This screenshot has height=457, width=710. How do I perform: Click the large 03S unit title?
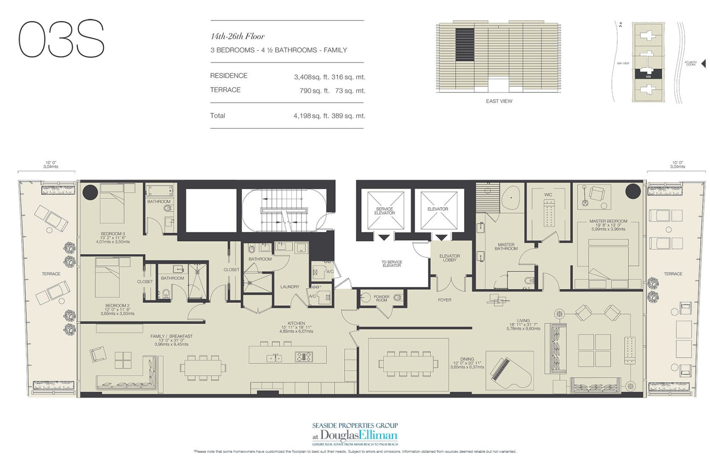pyautogui.click(x=62, y=39)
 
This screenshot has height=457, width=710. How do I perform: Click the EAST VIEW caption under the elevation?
pyautogui.click(x=499, y=101)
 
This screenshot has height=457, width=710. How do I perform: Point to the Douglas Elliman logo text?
pyautogui.click(x=359, y=435)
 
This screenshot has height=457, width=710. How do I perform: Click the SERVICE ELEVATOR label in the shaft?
pyautogui.click(x=384, y=211)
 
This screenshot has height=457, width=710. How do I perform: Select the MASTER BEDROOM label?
pyautogui.click(x=608, y=221)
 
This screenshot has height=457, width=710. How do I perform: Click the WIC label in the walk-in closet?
pyautogui.click(x=548, y=195)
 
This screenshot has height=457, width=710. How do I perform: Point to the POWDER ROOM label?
pyautogui.click(x=381, y=298)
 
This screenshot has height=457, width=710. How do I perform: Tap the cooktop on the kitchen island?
pyautogui.click(x=304, y=357)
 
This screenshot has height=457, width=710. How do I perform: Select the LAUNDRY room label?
pyautogui.click(x=290, y=287)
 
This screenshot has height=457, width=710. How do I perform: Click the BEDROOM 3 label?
pyautogui.click(x=112, y=234)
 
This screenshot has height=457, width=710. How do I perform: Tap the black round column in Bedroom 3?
pyautogui.click(x=90, y=193)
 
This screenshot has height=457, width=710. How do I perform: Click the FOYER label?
pyautogui.click(x=444, y=300)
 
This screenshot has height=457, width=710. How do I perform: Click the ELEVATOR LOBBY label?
pyautogui.click(x=450, y=258)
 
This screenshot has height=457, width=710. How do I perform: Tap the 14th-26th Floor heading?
pyautogui.click(x=238, y=37)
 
